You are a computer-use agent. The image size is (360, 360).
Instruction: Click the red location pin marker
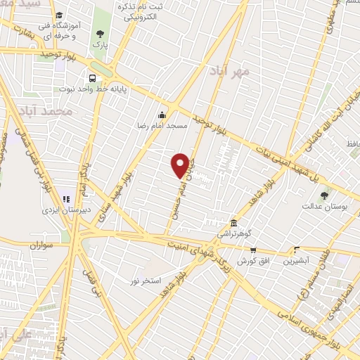181,165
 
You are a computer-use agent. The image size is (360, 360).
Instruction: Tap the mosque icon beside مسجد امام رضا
162,115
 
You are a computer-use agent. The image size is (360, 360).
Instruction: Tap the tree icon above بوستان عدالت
323,195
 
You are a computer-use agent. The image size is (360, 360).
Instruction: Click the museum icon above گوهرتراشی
233,221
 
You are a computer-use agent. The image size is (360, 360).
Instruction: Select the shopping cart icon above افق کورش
253,250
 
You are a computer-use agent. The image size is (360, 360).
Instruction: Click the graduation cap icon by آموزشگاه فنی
60,15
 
